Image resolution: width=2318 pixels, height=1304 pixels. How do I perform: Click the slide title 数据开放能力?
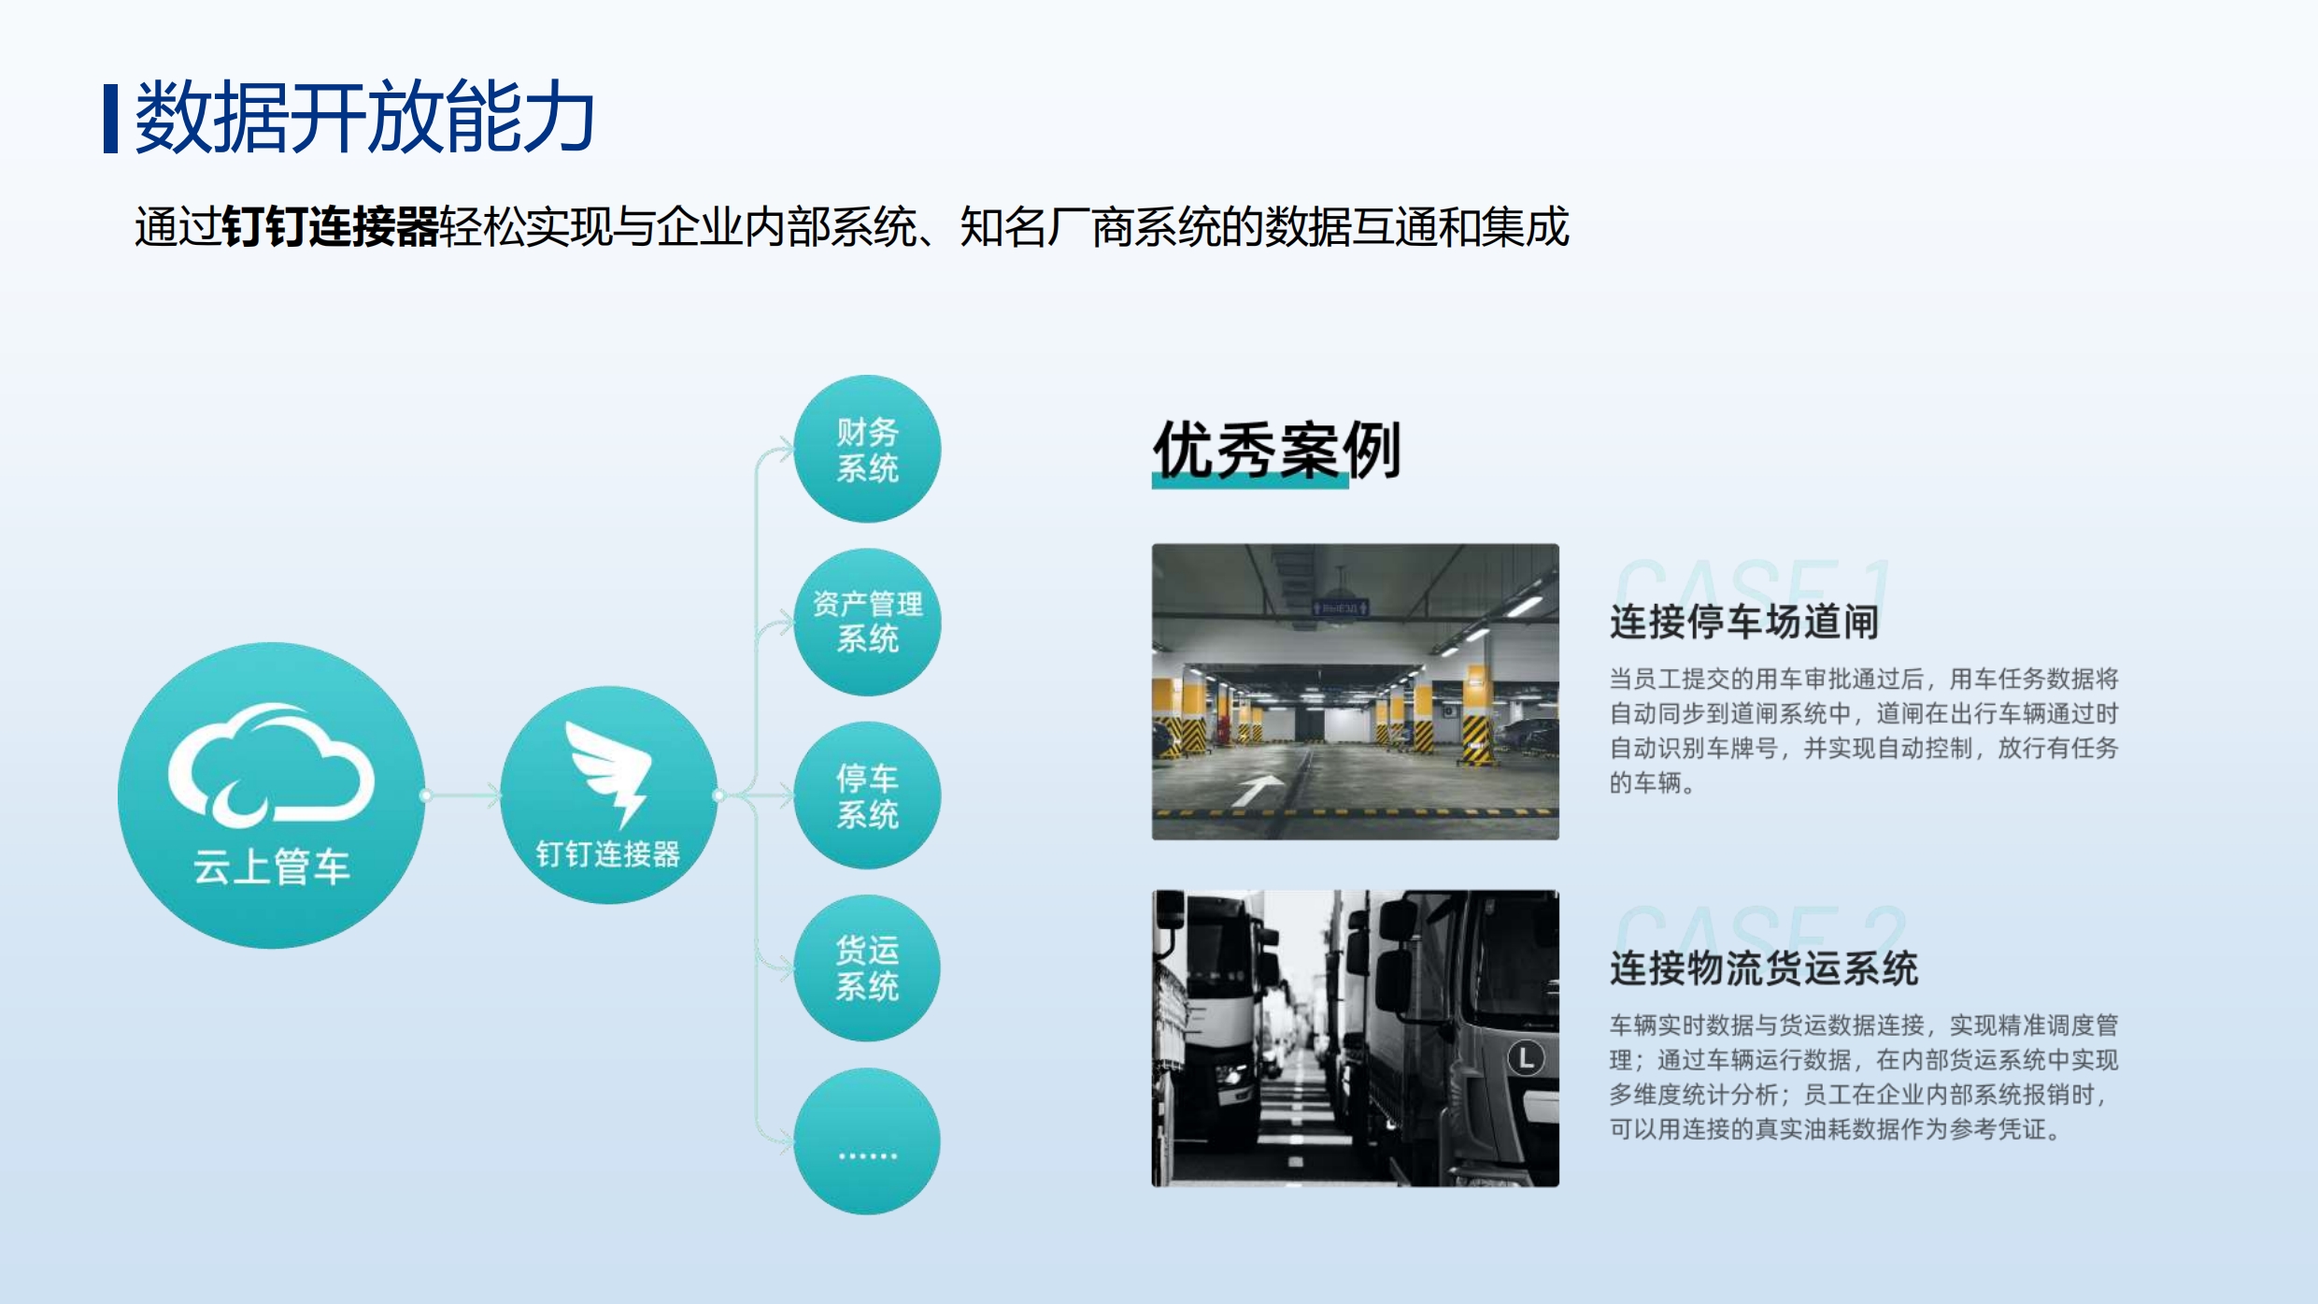click(364, 117)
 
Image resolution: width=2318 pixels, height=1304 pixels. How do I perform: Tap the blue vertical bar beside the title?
click(110, 118)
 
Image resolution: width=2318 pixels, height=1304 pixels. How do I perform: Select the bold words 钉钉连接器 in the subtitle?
click(331, 227)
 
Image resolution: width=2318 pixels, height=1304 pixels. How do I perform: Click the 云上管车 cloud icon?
click(271, 764)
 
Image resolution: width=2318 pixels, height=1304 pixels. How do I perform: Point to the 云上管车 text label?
click(271, 867)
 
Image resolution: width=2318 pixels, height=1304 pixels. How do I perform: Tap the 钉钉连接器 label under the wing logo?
click(608, 853)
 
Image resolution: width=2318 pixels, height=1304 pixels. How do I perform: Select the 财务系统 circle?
click(867, 449)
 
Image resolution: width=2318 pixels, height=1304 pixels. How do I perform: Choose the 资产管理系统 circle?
click(867, 622)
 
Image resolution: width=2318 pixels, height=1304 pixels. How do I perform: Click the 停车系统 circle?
click(867, 795)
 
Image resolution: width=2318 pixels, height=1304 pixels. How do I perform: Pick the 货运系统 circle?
click(867, 968)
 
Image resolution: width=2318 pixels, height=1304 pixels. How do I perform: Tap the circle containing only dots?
click(867, 1141)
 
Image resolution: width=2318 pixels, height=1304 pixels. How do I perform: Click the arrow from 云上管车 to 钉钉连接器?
click(462, 795)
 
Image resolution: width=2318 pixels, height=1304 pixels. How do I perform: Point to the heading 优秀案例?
click(1276, 451)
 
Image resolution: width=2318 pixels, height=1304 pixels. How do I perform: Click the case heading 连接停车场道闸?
click(1743, 622)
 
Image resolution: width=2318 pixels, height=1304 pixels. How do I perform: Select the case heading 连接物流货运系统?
click(1763, 968)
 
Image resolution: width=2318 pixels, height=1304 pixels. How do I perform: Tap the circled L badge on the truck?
click(1526, 1058)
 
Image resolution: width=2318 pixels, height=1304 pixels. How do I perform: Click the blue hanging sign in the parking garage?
click(1340, 608)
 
